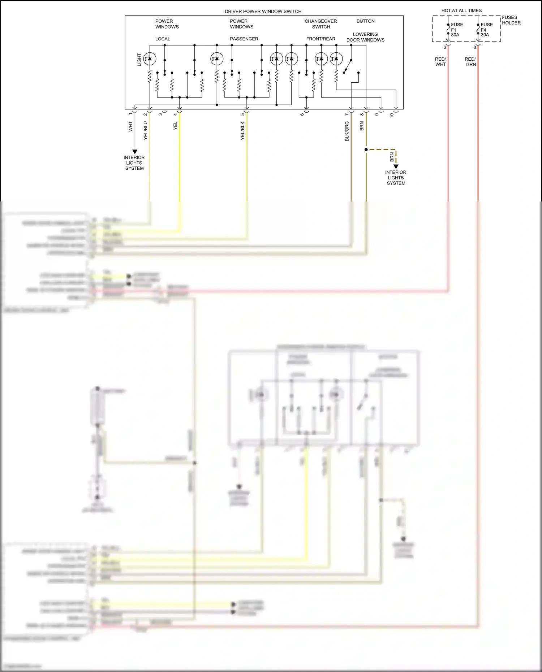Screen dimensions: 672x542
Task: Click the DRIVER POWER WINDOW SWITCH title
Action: (x=263, y=11)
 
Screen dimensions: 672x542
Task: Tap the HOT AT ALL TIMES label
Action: (x=461, y=10)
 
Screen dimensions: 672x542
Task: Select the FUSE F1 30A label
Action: (x=456, y=30)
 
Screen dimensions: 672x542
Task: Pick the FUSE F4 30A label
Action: (x=486, y=30)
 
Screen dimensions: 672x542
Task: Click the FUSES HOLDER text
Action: (x=511, y=20)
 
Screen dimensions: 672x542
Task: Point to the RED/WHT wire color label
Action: (x=440, y=62)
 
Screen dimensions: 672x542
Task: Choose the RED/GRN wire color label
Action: (x=470, y=62)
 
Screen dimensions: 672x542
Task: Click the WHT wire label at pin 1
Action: (x=130, y=126)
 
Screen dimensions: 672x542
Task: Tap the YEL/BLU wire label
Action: (x=146, y=130)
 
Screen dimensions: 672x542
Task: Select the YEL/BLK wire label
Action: (x=243, y=131)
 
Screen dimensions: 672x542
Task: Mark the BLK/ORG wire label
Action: (x=347, y=131)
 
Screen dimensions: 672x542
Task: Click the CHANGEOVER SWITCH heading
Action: (x=321, y=24)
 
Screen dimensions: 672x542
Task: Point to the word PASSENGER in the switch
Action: (x=244, y=39)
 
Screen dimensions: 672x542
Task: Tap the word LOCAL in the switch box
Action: (x=163, y=39)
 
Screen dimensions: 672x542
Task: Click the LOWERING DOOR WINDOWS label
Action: (x=365, y=37)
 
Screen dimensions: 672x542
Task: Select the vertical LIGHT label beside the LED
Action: (x=139, y=60)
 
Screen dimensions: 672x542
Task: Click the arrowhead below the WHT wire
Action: (x=134, y=152)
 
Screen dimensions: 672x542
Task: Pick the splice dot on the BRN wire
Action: (x=366, y=149)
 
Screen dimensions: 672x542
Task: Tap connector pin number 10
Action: (x=392, y=115)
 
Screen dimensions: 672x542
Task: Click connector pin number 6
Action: (x=302, y=114)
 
